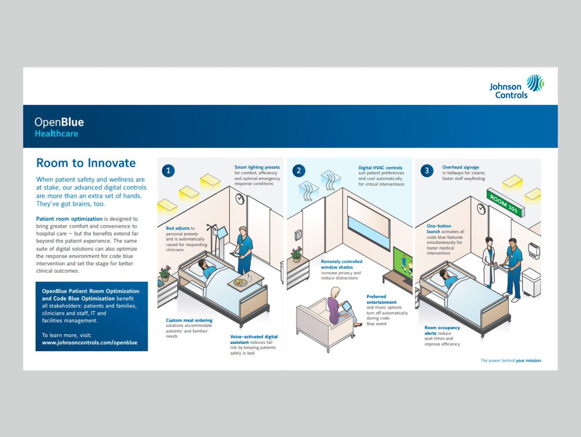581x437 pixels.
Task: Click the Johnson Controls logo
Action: click(516, 87)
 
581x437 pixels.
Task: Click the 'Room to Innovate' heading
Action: click(86, 163)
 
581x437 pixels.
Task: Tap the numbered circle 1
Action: click(168, 171)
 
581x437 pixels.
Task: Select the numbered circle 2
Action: click(299, 171)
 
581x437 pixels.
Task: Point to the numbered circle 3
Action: click(427, 171)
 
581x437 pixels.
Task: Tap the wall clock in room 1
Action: click(240, 199)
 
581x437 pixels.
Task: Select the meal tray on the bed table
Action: click(240, 282)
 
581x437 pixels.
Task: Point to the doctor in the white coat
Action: click(490, 262)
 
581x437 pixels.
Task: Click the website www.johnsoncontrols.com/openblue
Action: click(90, 343)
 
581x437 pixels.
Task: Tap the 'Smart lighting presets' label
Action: click(257, 167)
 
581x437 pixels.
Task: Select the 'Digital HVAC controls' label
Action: click(380, 168)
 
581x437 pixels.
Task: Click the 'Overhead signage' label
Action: click(461, 167)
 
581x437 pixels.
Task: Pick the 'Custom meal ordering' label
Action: click(189, 320)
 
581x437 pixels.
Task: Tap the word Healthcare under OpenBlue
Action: click(56, 134)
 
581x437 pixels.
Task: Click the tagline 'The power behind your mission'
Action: click(511, 361)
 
